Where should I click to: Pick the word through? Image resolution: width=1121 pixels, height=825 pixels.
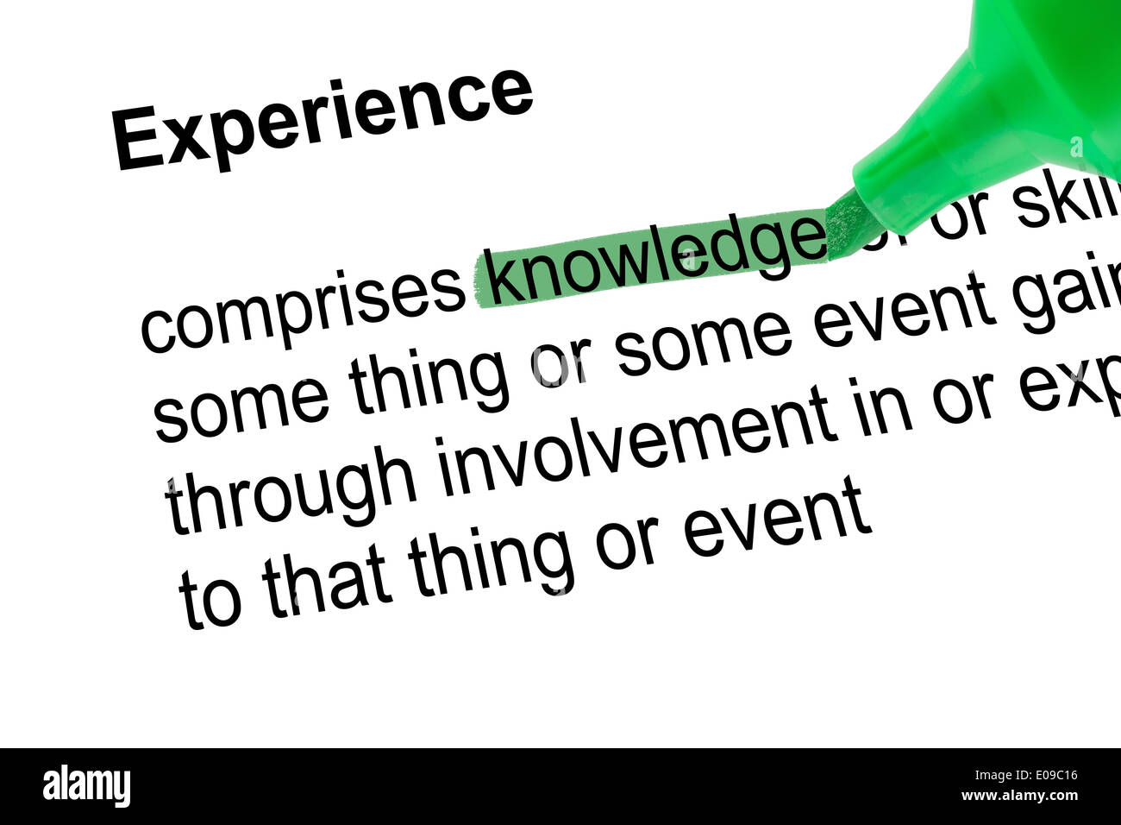click(x=290, y=488)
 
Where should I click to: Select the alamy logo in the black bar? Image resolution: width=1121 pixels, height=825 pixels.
click(x=86, y=786)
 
